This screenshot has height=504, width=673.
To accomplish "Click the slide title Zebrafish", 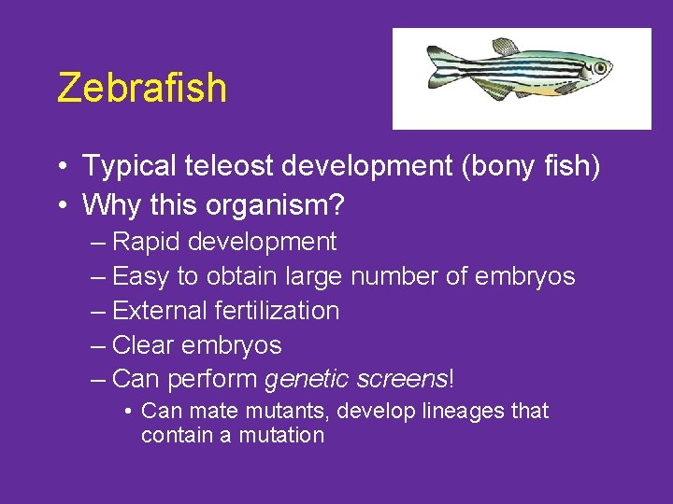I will [x=141, y=88].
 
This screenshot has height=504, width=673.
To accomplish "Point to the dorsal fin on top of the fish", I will [x=506, y=47].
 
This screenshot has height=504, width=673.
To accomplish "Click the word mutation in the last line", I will [x=284, y=435].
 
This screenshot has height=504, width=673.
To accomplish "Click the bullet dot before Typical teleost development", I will [x=61, y=168].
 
